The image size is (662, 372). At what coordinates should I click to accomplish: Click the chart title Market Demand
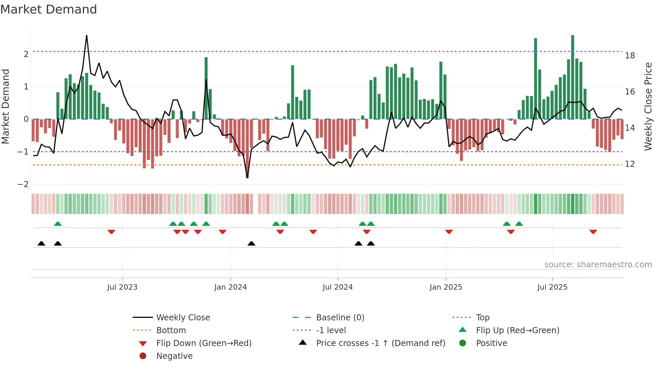coord(49,9)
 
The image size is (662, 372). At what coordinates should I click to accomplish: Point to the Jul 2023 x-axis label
coord(122,287)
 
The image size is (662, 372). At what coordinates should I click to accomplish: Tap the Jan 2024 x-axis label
coord(230,287)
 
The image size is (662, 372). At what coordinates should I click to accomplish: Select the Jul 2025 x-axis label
coord(552,287)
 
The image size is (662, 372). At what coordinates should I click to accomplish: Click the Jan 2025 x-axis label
coord(446,287)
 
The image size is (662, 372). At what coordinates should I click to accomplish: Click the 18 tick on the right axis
coord(630,56)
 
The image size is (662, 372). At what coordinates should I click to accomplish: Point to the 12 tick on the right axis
coord(630,164)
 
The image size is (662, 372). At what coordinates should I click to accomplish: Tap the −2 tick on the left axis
coord(23,184)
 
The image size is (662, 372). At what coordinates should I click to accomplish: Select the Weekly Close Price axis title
coord(648,106)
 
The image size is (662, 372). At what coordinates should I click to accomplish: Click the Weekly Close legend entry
coord(183,318)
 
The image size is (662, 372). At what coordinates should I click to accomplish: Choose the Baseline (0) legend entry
coord(340,318)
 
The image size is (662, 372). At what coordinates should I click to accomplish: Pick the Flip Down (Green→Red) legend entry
coord(204,343)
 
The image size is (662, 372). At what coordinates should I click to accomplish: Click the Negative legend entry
coord(174,356)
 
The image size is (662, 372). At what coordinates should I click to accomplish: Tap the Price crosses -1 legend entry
coord(380,343)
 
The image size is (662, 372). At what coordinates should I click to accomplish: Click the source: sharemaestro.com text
coord(598,265)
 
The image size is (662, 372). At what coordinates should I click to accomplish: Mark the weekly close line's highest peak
coord(87,35)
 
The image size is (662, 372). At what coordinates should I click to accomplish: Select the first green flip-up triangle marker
coord(58,224)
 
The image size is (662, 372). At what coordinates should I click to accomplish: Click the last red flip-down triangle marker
coord(593,232)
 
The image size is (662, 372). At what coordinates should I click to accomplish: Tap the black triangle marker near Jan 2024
coord(251,243)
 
